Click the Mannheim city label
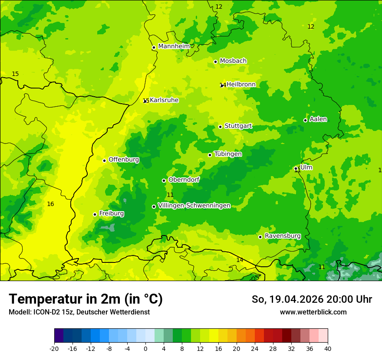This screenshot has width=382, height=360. [x=174, y=46]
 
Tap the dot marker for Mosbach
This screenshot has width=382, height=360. [x=215, y=62]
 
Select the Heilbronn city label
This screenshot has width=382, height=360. [x=241, y=85]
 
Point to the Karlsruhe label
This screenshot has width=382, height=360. [x=164, y=100]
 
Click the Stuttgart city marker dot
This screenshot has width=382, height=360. [x=221, y=127]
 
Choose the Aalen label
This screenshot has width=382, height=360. [x=318, y=119]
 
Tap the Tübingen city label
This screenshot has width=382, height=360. [x=228, y=154]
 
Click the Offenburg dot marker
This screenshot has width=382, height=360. [x=104, y=160]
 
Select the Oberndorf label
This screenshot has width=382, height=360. [x=184, y=180]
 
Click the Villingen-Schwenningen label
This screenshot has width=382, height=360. [x=194, y=206]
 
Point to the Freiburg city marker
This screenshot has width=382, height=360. [x=95, y=214]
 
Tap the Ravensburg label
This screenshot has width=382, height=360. [x=283, y=236]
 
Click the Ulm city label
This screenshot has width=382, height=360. [x=306, y=167]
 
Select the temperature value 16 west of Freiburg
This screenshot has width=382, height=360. [x=50, y=204]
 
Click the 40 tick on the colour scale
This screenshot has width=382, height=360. [x=328, y=348]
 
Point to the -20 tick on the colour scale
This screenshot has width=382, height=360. [x=54, y=348]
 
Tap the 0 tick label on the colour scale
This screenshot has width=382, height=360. [x=145, y=348]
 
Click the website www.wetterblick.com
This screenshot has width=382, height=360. [x=313, y=312]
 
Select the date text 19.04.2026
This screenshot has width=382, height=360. [x=291, y=299]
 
